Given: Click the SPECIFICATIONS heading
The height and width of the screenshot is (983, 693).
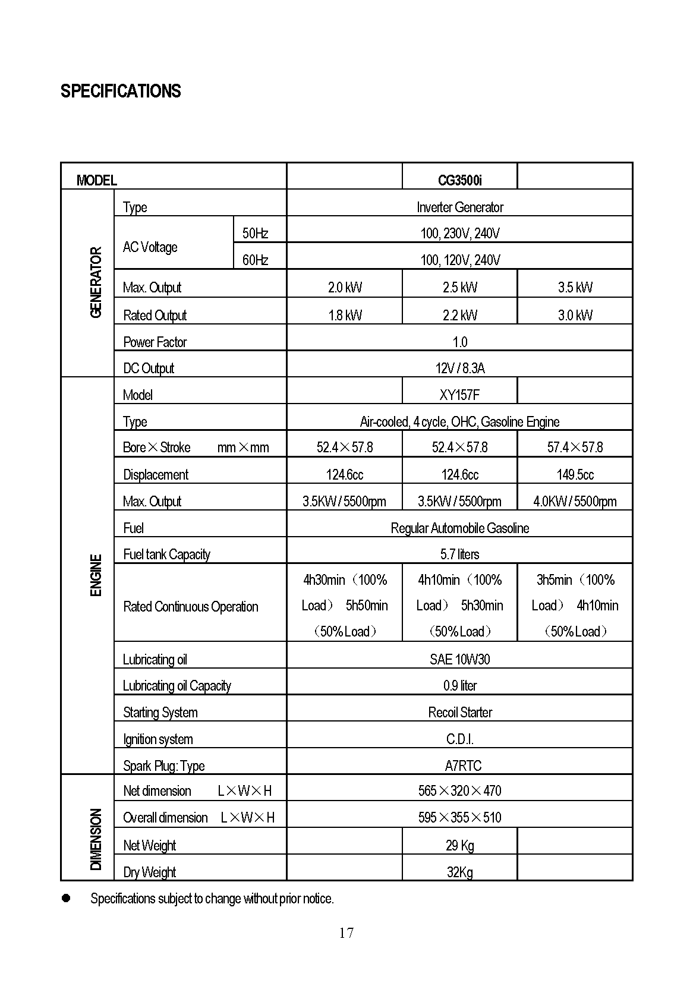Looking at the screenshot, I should (x=121, y=91).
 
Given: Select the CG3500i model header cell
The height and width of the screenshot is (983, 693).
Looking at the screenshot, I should (x=459, y=180).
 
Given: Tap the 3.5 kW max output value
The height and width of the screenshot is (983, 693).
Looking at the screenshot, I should (x=575, y=288).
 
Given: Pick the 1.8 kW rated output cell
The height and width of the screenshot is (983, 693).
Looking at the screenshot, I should (x=345, y=315).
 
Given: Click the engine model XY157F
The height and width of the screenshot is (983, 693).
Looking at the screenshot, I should (x=459, y=395).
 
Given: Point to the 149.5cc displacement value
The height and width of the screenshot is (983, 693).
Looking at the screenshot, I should (x=575, y=474).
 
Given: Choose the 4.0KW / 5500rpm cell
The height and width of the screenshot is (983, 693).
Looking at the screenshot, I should (x=575, y=501).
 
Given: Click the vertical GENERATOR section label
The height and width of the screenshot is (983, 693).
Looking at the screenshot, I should (x=96, y=282).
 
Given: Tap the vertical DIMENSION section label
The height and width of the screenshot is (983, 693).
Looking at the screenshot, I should (x=96, y=839).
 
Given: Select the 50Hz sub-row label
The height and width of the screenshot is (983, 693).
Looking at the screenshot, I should (x=255, y=233).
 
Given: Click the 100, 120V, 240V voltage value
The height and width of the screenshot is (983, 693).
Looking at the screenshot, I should (x=459, y=260).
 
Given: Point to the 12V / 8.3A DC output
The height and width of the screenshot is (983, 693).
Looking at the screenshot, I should (x=459, y=368).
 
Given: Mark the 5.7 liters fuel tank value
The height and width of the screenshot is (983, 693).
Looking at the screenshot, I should (x=459, y=554).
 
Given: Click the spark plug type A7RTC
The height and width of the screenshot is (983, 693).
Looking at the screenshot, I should (x=462, y=765).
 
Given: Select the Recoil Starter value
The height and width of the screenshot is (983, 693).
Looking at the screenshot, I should (x=459, y=712).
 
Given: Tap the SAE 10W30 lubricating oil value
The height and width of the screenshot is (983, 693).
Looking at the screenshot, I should (x=459, y=659).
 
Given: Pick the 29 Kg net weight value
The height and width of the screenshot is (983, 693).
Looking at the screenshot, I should (x=459, y=845).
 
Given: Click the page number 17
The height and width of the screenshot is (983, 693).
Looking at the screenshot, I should (x=346, y=933).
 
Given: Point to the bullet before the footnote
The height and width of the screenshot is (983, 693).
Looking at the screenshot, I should (x=66, y=898).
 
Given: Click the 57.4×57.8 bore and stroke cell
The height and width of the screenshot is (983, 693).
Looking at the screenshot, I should (x=575, y=447).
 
